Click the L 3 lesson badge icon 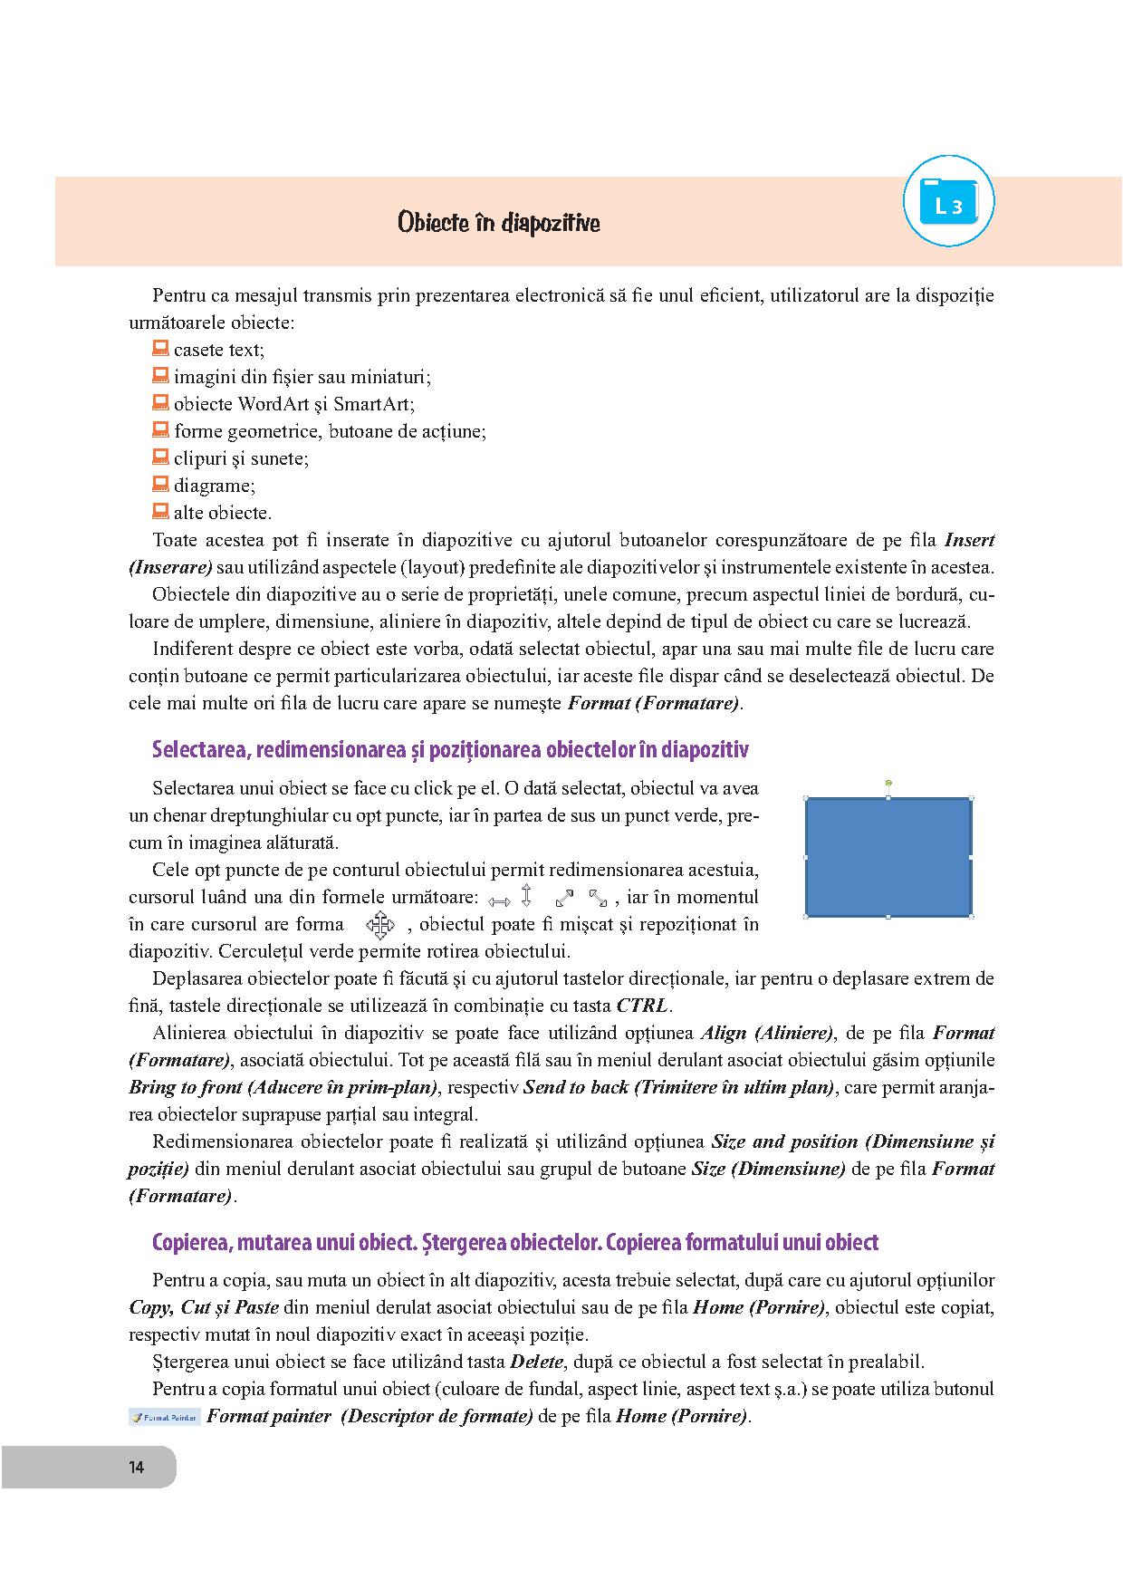(948, 202)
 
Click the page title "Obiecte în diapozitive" (498, 223)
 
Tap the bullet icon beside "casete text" (160, 348)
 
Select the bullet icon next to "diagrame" (160, 484)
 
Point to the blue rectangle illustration (888, 857)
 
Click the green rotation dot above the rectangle (888, 782)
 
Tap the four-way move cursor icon (380, 925)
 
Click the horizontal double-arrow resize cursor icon (499, 900)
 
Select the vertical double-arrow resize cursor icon (526, 896)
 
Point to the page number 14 (136, 1468)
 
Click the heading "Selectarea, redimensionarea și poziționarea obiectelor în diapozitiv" (450, 750)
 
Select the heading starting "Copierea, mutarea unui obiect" (514, 1242)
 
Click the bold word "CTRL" (642, 1006)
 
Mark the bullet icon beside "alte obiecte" (160, 511)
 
